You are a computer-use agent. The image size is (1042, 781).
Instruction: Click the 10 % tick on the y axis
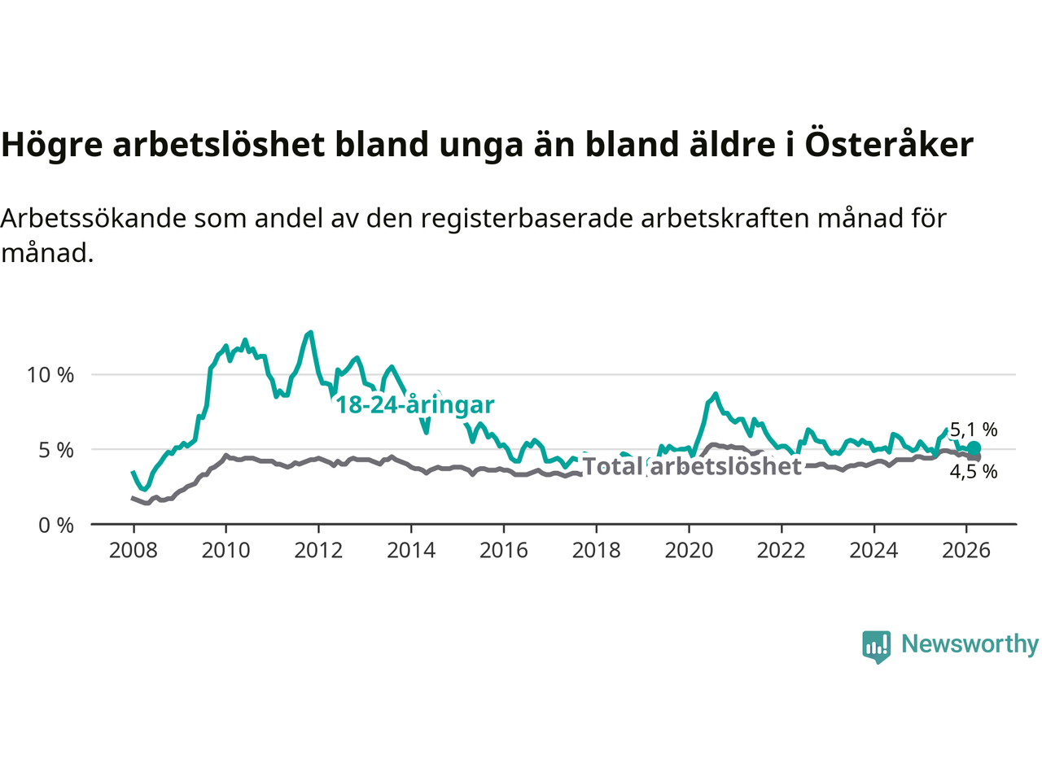click(50, 375)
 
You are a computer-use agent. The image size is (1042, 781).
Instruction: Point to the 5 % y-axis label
click(56, 450)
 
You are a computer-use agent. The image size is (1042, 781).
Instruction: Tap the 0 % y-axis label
click(56, 526)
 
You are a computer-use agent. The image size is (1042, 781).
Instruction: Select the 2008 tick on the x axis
click(134, 551)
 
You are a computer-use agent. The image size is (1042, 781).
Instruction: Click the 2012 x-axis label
click(318, 551)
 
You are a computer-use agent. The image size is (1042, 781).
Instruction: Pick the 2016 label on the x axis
click(504, 551)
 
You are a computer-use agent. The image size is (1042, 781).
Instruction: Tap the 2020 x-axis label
click(689, 551)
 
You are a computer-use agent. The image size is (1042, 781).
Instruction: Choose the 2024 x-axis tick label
click(873, 551)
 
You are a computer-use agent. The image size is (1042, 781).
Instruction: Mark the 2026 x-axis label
click(966, 551)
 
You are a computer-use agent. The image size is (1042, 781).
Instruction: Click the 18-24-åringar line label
click(415, 404)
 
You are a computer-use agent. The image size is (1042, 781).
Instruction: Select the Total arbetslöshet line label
click(692, 466)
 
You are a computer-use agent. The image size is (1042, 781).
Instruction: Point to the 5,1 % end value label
click(974, 430)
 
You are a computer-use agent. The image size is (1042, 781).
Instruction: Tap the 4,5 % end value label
click(974, 472)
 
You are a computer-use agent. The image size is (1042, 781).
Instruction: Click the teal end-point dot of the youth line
click(974, 448)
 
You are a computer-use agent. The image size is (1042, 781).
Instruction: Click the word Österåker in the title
click(889, 145)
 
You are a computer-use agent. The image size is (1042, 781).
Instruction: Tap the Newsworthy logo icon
click(877, 646)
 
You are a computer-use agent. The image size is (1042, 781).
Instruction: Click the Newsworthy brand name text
click(970, 644)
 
